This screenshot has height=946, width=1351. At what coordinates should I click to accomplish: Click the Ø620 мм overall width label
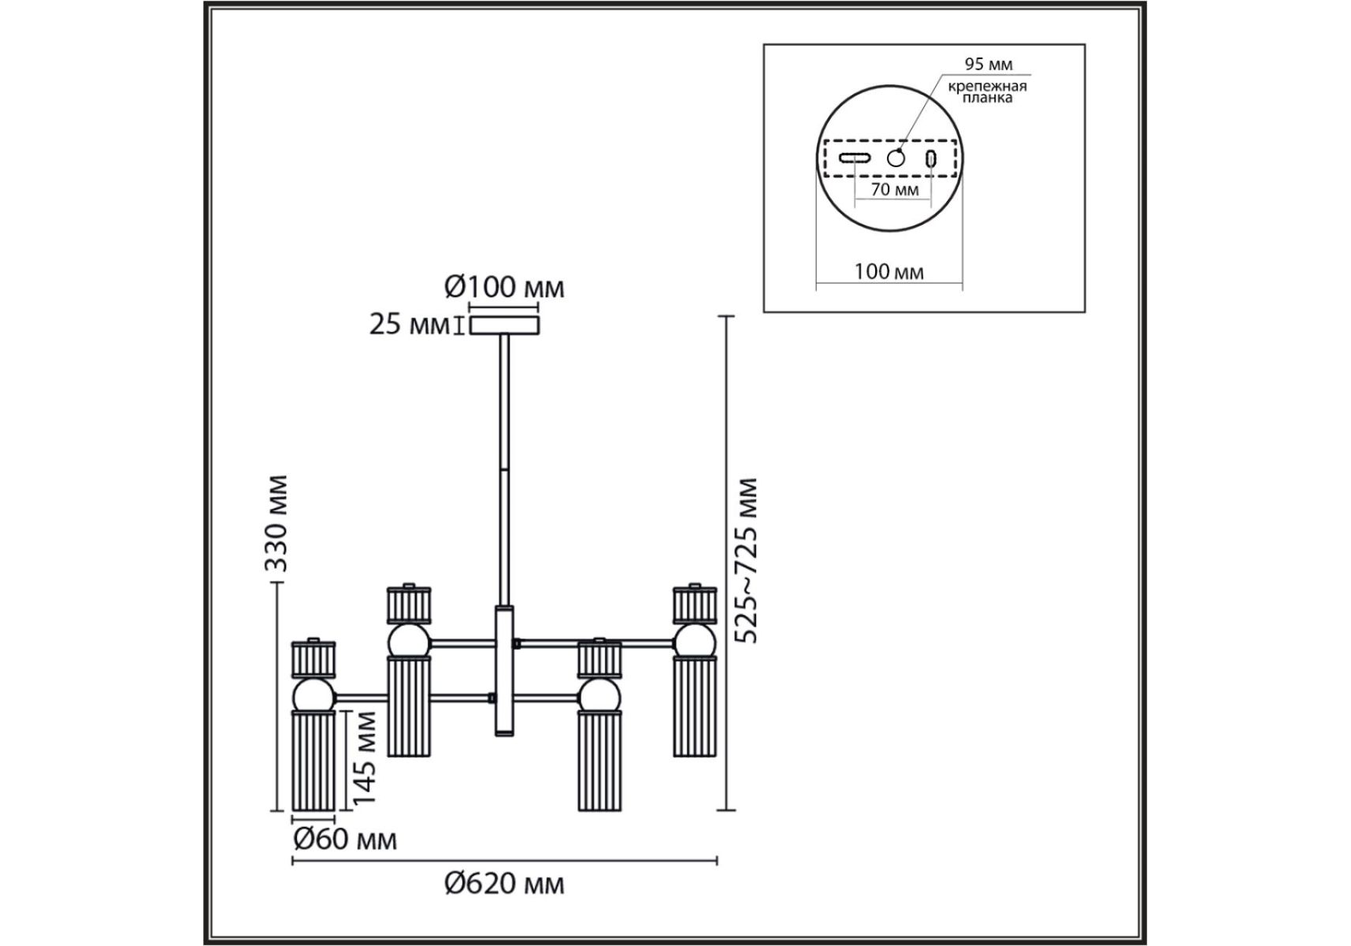(x=504, y=884)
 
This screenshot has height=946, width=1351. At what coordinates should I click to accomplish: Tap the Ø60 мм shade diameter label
(x=345, y=840)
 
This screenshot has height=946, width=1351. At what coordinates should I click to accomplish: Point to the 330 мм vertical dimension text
(x=276, y=523)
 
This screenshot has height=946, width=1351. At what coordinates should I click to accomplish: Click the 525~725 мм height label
(x=744, y=561)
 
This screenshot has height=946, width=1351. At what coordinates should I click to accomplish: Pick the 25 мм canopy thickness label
(x=409, y=324)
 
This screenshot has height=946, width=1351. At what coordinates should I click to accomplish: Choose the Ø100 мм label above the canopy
(x=504, y=287)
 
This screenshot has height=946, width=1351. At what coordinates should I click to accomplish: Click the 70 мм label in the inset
(x=895, y=189)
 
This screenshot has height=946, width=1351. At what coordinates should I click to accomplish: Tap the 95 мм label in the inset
(x=989, y=65)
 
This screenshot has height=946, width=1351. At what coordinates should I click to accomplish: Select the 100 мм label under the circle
(x=889, y=272)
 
